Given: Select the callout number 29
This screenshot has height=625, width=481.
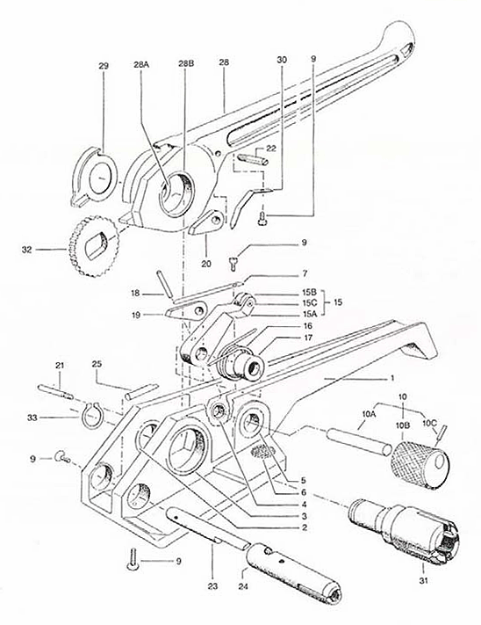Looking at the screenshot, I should (104, 67).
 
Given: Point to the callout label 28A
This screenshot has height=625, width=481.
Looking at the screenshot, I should (142, 67).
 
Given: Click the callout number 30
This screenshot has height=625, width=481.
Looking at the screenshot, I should (281, 60).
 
